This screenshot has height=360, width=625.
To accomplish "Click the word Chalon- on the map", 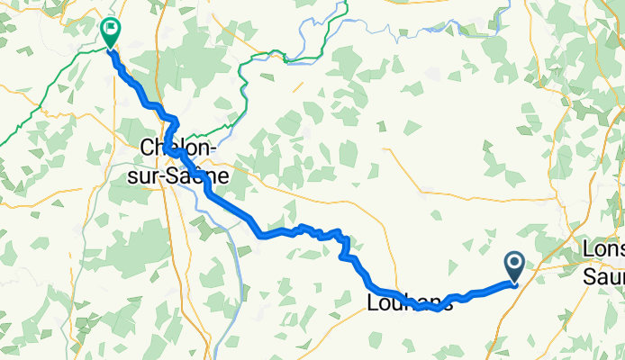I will pos(177,148).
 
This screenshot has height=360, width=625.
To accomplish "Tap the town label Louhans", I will pos(410,304).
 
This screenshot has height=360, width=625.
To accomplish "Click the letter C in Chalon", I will pos(148,148).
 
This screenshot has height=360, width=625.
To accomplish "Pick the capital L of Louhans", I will pos(373,304).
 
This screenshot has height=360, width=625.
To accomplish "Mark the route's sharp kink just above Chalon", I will pos(177,122).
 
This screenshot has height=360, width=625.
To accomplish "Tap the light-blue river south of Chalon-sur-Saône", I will pos(236,261).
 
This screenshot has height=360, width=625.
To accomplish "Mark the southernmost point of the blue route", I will pos(436,310).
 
